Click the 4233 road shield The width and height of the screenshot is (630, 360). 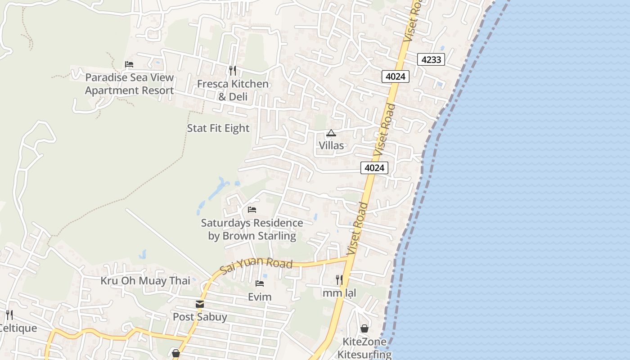coord(431,59)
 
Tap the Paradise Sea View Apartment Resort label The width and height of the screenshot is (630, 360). coord(129,84)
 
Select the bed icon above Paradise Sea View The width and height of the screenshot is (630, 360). coord(129,64)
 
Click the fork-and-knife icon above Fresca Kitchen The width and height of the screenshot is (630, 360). coord(232,70)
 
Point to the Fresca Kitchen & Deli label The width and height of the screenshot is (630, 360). coord(233,90)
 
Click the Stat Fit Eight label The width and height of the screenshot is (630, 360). coord(218,128)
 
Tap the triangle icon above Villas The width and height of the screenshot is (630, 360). coord(331,133)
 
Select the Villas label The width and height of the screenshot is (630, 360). coord(331,145)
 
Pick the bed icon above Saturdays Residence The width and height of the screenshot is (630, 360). coord(252,210)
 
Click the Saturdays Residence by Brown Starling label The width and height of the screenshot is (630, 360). coord(252,229)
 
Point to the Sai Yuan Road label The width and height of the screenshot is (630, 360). coord(256,265)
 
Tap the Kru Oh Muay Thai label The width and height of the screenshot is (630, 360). coord(145,281)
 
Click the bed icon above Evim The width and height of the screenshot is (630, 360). coord(260,283)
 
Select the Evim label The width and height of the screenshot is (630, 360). coord(260,297)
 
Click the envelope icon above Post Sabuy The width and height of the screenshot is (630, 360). coord(200,304)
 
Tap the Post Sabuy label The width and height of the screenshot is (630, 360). coord(200,317)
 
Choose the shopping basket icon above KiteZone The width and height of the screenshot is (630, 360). coord(364,328)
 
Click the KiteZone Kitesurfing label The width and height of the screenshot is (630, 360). coord(364,348)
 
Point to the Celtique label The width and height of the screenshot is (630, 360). coord(18,328)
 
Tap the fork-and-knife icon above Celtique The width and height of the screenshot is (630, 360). coord(9,315)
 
